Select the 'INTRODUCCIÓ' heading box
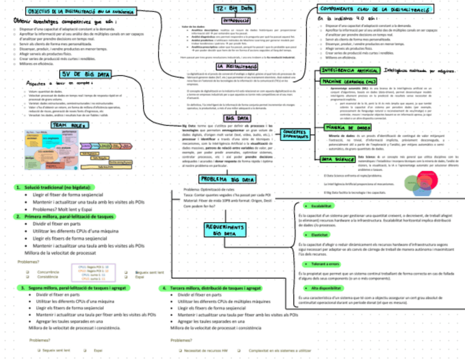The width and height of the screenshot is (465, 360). coord(232,20)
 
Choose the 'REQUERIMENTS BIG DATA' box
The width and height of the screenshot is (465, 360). coord(226,230)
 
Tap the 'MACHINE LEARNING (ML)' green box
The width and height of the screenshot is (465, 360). coord(348,81)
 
